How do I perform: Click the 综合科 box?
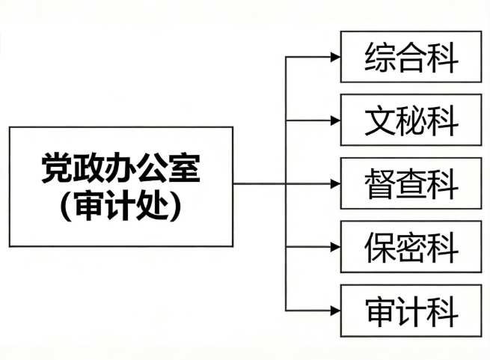click(411, 57)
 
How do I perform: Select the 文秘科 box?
click(411, 120)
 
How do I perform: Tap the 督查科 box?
click(411, 183)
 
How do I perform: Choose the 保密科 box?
click(411, 247)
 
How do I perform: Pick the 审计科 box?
click(411, 311)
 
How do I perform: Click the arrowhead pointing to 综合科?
click(336, 57)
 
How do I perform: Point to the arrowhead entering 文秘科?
click(336, 120)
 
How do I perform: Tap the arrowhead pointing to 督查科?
click(336, 184)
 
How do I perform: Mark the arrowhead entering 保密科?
click(336, 247)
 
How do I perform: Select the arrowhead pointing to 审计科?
click(336, 311)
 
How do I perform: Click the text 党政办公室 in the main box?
click(120, 168)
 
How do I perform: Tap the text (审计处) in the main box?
click(120, 206)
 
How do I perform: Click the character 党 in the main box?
click(57, 168)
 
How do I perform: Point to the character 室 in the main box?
click(184, 168)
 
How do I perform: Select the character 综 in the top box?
click(380, 58)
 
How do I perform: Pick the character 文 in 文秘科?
click(380, 121)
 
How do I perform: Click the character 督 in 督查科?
click(380, 184)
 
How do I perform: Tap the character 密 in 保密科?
click(411, 248)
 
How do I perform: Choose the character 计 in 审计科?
click(411, 311)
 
